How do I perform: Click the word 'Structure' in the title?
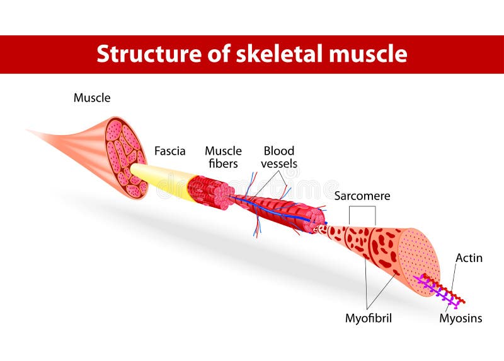[x=142, y=54]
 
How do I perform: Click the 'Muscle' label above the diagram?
[x=92, y=98]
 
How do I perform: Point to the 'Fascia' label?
[x=170, y=151]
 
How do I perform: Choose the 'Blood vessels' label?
[x=279, y=157]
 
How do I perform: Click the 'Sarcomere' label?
[x=362, y=196]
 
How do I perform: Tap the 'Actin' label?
[x=469, y=257]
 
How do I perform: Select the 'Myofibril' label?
[x=368, y=318]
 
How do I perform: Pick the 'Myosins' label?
[x=461, y=318]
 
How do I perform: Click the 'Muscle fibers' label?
[x=223, y=157]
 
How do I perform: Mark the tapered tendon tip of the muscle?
[x=38, y=133]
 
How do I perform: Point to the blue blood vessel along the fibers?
[x=277, y=210]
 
